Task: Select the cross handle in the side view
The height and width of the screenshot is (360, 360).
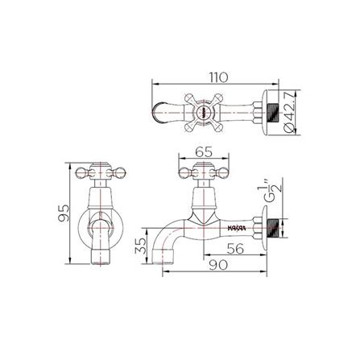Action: click(196, 171)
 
